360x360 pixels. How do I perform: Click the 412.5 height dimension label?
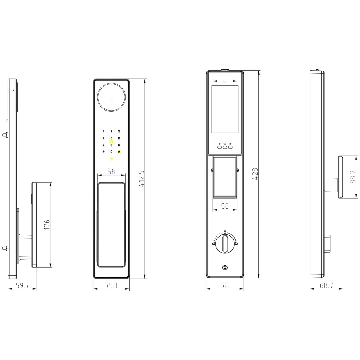141,179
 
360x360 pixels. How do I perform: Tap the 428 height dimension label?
255,174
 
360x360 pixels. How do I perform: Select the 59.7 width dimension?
22,285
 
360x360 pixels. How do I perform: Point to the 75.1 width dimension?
111,285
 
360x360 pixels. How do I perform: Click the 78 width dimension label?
225,285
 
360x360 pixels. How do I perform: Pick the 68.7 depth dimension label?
326,285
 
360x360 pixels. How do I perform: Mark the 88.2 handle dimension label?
353,177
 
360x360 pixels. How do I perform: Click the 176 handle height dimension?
46,225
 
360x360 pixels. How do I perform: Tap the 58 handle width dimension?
111,171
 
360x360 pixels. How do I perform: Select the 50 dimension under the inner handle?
225,206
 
